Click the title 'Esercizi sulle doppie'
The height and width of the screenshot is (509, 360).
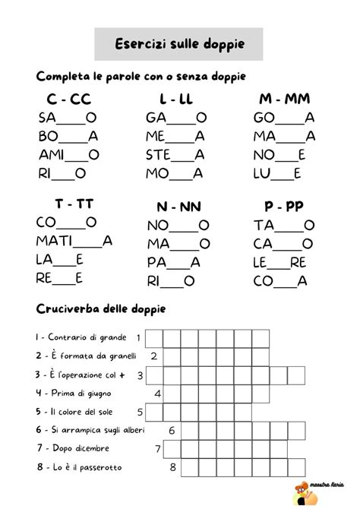click(180, 44)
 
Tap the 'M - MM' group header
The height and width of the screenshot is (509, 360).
click(284, 100)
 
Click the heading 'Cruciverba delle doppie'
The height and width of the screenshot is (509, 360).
click(101, 309)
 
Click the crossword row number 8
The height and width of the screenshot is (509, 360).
click(172, 467)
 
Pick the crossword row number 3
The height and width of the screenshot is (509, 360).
click(141, 375)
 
